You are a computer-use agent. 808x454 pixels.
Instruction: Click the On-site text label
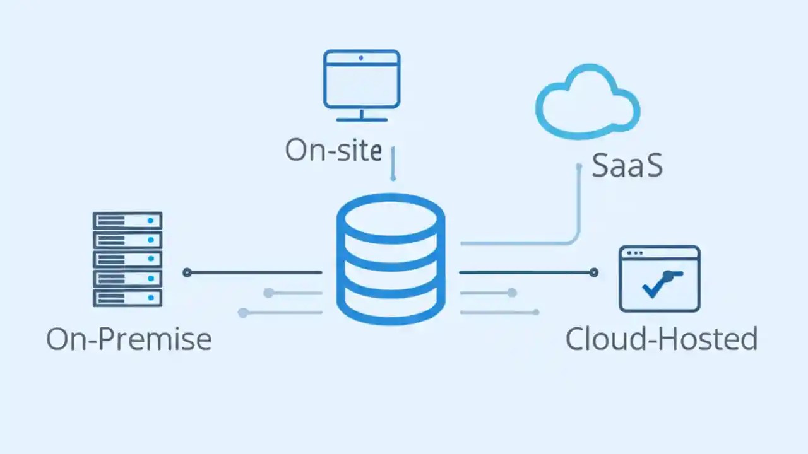tap(333, 150)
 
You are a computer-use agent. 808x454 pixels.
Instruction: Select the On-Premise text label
tap(129, 339)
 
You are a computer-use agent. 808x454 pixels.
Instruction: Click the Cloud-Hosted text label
tap(661, 339)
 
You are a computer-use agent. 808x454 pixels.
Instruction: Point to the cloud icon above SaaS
tap(587, 101)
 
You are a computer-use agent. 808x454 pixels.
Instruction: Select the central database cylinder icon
tap(391, 259)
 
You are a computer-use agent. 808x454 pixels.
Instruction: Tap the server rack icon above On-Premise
tap(128, 259)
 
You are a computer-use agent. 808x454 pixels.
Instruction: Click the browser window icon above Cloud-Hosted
tap(660, 279)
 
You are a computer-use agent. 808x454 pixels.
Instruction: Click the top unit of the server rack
tap(128, 221)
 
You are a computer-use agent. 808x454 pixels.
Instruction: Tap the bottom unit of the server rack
tap(128, 298)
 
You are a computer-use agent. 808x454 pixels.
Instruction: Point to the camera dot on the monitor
tap(361, 58)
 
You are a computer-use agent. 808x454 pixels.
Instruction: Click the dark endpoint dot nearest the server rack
tap(187, 272)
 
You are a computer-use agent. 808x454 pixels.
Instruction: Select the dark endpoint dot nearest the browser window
tap(593, 272)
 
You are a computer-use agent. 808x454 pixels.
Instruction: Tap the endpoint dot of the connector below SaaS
tap(579, 166)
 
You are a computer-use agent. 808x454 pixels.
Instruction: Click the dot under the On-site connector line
tap(393, 178)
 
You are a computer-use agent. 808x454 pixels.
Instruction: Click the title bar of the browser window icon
tap(660, 253)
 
